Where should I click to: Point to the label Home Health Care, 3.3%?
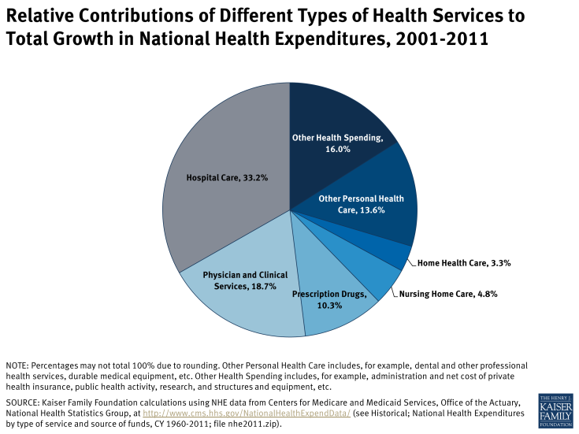coord(464,263)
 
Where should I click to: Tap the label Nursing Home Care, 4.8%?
coord(448,294)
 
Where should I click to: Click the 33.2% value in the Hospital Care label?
coord(254,178)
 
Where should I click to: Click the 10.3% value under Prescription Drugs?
coord(329,305)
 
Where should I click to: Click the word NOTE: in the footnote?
coord(17,366)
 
